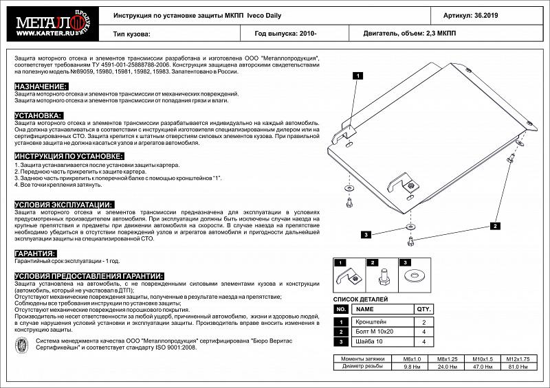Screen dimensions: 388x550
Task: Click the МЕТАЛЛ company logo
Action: (49, 21)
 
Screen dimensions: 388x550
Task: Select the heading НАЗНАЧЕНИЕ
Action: (41, 87)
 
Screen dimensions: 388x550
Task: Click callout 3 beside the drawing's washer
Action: (366, 234)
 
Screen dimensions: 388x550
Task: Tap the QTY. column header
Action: (424, 310)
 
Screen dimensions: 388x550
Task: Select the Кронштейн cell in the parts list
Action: (370, 321)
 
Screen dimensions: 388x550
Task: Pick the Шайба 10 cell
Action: (367, 341)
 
